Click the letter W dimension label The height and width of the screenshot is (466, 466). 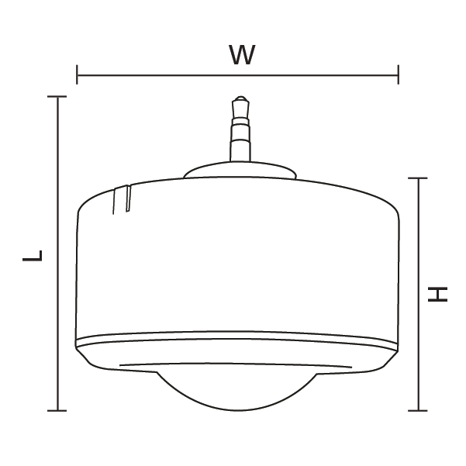(242, 55)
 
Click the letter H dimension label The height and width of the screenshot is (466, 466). (439, 294)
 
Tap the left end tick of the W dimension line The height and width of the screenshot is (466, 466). (78, 75)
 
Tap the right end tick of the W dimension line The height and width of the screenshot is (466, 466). (398, 75)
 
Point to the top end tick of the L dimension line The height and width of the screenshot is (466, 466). (58, 97)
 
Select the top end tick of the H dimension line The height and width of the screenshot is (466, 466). (419, 178)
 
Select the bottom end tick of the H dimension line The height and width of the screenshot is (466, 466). (419, 410)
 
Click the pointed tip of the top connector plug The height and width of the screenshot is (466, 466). (240, 98)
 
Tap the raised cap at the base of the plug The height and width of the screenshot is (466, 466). (240, 171)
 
